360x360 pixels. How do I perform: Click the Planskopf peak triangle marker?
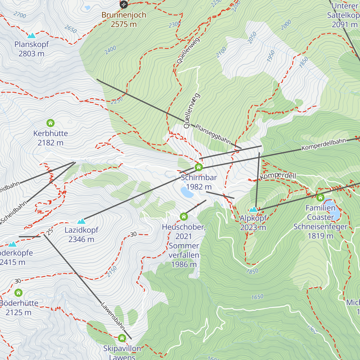click(31, 36)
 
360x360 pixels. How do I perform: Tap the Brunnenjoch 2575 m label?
click(124, 19)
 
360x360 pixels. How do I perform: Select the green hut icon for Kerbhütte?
click(50, 123)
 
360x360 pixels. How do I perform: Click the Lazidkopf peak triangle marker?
click(81, 221)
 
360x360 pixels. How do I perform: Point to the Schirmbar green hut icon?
click(199, 167)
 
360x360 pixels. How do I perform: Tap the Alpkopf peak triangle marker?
click(253, 209)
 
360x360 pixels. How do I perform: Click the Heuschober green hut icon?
click(184, 217)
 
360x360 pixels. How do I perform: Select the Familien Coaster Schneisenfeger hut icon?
click(320, 197)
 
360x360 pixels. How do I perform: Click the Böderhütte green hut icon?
click(19, 293)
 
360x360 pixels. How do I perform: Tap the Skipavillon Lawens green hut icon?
click(122, 338)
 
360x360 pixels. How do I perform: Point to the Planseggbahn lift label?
click(213, 134)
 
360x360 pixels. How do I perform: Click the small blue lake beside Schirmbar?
click(187, 192)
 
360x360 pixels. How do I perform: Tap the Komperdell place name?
click(278, 176)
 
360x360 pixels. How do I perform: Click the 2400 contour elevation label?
click(110, 50)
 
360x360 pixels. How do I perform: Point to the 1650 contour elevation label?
click(257, 297)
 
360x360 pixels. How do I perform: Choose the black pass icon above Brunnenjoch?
click(124, 4)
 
